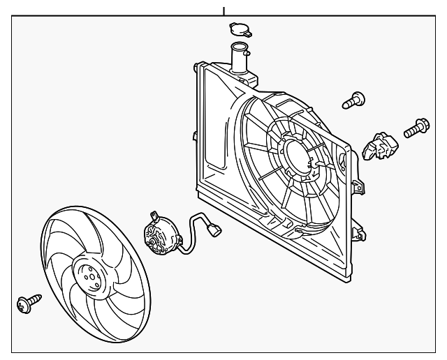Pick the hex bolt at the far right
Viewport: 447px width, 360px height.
tap(416, 129)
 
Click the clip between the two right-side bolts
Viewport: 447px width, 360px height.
tap(380, 145)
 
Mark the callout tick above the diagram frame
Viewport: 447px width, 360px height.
tap(223, 10)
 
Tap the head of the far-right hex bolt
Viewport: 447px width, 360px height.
tap(423, 126)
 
